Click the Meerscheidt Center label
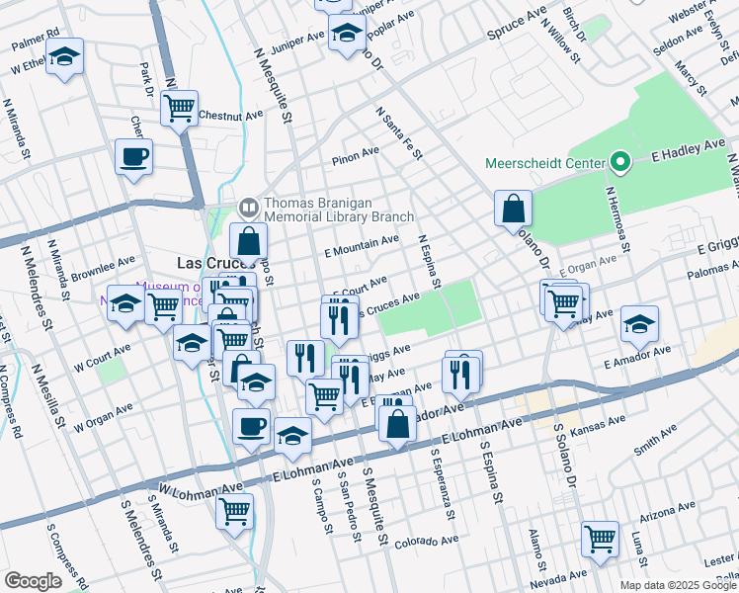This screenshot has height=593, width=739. [545, 162]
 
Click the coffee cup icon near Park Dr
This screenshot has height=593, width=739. [134, 155]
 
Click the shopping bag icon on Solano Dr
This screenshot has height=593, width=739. [514, 208]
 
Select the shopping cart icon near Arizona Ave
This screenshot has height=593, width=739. [600, 539]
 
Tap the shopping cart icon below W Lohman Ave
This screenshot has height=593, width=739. [234, 511]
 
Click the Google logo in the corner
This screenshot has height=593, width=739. [33, 581]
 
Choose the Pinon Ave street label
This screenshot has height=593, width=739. [356, 153]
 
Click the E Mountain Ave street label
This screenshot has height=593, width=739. [362, 245]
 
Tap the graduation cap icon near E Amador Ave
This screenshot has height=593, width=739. [639, 323]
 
